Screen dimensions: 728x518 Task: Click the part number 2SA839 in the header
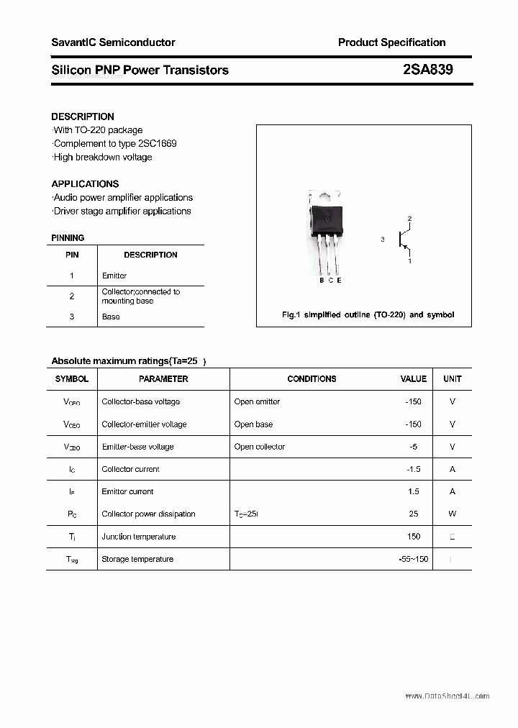pos(428,70)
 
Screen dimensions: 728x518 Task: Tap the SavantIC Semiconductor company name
pos(113,42)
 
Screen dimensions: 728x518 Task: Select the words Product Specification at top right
pos(391,42)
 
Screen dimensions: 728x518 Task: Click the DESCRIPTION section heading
pos(83,117)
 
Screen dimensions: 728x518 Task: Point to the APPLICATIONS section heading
pos(85,183)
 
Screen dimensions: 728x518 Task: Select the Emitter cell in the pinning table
pos(114,276)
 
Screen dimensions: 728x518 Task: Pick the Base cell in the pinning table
pos(111,317)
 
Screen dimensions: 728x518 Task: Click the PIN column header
pos(72,255)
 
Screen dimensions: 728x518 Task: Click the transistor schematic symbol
pos(404,240)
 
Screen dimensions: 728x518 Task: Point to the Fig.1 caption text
pos(367,315)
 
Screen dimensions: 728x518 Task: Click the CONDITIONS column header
pos(312,378)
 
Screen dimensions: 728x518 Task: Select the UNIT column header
pos(453,378)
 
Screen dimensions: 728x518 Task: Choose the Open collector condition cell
pos(260,447)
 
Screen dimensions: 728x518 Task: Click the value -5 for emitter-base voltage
pos(413,447)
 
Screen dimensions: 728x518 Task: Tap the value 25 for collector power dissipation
pos(413,514)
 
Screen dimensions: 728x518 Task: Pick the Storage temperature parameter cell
pos(137,559)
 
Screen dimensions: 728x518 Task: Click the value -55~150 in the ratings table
pos(413,559)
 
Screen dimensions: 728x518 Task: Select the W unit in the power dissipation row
pos(453,514)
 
